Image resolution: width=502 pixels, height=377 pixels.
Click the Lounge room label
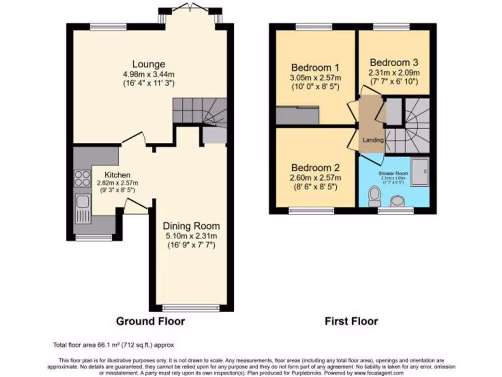148,64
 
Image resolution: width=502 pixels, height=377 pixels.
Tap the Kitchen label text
118,175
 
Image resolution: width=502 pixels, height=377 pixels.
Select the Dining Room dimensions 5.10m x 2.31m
191,236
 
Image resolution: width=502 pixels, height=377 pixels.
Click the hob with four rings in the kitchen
82,178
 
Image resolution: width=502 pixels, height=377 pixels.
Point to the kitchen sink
82,206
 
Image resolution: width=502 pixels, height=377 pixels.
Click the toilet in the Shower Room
375,196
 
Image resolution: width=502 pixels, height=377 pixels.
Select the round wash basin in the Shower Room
398,200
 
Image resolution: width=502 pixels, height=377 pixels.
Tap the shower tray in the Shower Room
420,171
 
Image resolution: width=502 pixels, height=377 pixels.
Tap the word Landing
373,140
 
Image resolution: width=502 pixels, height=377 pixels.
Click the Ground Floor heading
150,322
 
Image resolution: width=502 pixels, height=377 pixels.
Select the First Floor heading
351,322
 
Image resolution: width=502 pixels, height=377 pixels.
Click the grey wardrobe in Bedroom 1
298,115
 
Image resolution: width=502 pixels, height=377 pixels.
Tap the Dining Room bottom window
191,308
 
